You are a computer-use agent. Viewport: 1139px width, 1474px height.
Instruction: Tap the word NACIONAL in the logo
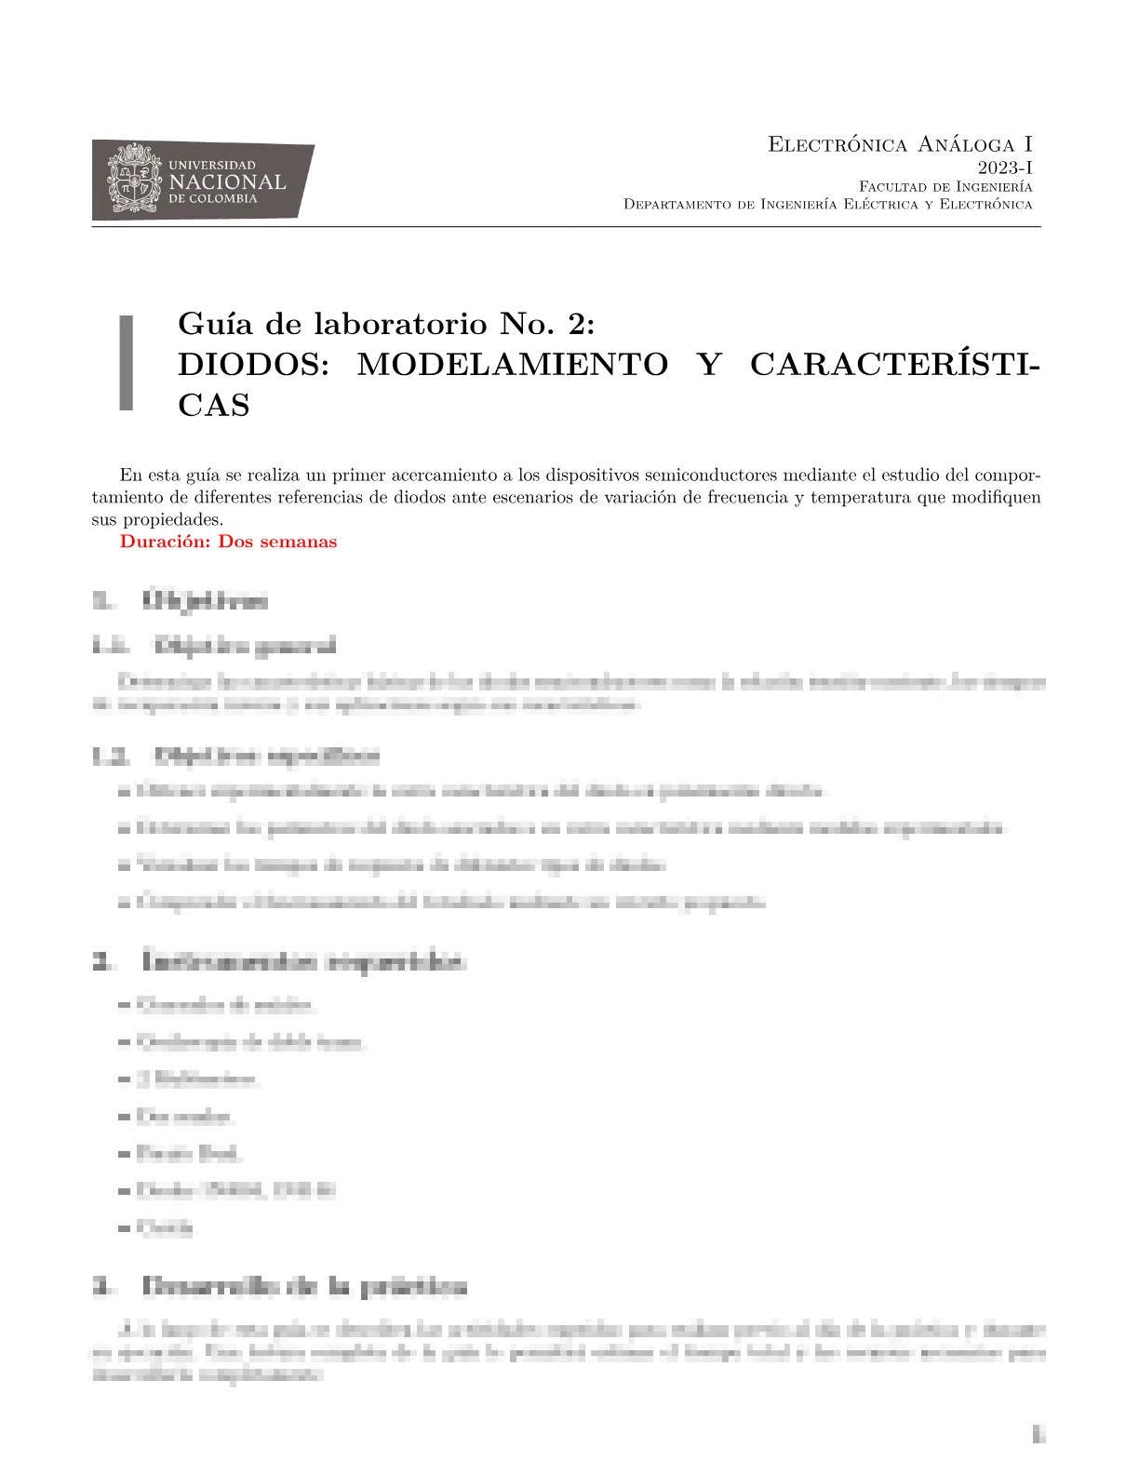coord(227,181)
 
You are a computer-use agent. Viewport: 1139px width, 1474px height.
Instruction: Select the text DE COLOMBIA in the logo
coord(212,199)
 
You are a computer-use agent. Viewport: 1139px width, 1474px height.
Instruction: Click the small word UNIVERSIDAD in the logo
coord(212,165)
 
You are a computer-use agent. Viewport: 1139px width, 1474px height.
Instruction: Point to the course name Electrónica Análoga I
coord(900,144)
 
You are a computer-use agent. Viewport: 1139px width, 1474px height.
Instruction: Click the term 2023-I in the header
coord(1004,167)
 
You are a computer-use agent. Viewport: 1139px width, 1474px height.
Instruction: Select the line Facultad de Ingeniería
coord(945,187)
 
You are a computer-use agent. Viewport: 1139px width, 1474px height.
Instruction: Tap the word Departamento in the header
coord(677,205)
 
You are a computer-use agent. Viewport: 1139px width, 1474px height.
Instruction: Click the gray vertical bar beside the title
coord(126,363)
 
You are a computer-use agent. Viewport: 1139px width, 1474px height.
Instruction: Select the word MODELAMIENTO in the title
coord(512,364)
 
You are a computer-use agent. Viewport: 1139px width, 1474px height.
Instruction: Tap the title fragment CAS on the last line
coord(214,406)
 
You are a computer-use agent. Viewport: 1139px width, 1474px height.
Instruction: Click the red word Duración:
coord(165,542)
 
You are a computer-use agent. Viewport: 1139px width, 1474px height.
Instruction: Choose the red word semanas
coord(302,542)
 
